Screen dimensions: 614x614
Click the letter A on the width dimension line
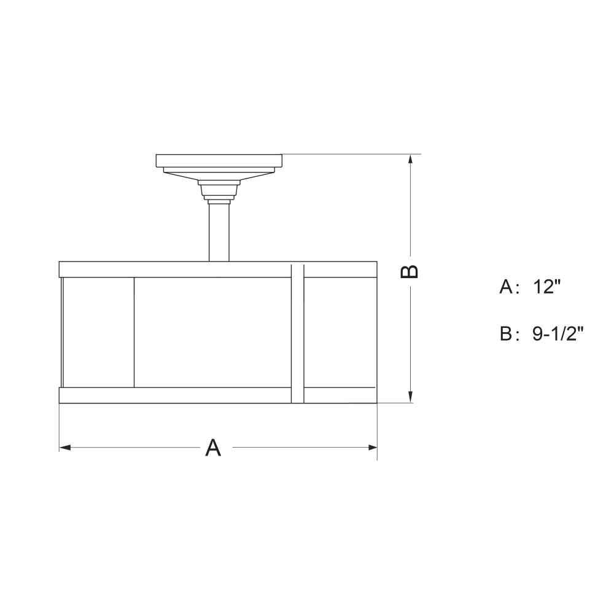pyautogui.click(x=213, y=448)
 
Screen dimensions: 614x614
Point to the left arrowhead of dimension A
pyautogui.click(x=65, y=447)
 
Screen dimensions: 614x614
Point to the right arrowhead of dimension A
pyautogui.click(x=371, y=447)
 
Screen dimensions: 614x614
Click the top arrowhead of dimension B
pyautogui.click(x=410, y=160)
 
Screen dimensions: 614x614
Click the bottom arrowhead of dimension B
pyautogui.click(x=410, y=397)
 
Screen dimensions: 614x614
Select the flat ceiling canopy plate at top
pyautogui.click(x=219, y=160)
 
